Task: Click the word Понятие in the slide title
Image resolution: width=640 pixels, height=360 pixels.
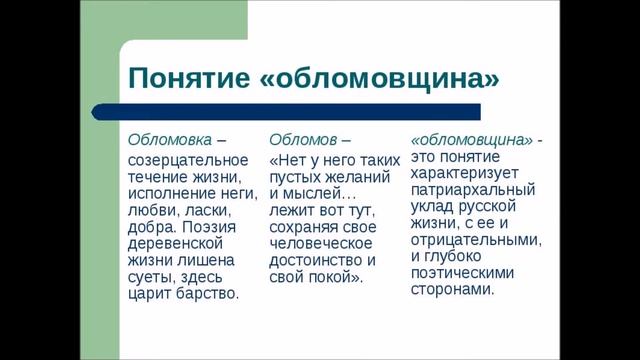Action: [186, 76]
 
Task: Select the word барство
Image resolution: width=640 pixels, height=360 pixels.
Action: [209, 294]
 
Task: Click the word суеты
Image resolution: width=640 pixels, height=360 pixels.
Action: [150, 277]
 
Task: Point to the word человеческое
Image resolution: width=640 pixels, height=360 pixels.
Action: [316, 243]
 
